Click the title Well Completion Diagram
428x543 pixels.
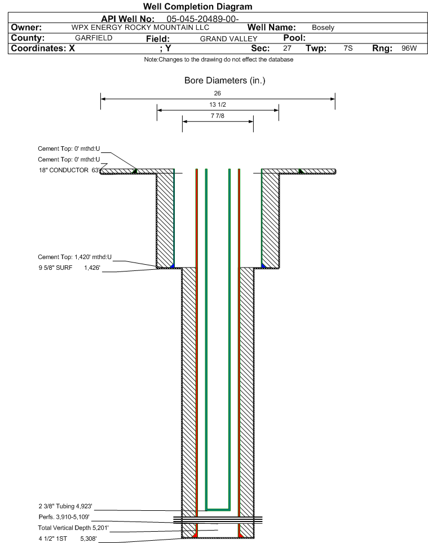point(197,7)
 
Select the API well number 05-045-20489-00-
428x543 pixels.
point(202,19)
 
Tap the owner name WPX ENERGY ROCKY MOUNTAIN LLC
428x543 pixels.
point(140,28)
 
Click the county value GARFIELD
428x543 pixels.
point(94,38)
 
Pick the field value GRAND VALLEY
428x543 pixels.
point(229,39)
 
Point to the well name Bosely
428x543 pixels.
point(323,28)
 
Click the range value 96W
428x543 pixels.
point(409,48)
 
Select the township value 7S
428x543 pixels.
point(348,48)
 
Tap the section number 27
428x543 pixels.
point(287,48)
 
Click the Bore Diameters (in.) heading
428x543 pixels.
point(224,81)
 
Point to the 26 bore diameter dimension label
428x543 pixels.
point(217,93)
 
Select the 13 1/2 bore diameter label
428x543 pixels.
point(218,104)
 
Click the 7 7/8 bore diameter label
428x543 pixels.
point(218,116)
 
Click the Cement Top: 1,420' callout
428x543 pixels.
point(75,257)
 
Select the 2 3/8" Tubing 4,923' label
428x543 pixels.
point(65,506)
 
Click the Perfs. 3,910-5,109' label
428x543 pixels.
point(64,517)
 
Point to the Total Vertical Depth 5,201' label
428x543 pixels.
point(73,528)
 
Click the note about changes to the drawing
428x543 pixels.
point(219,60)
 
